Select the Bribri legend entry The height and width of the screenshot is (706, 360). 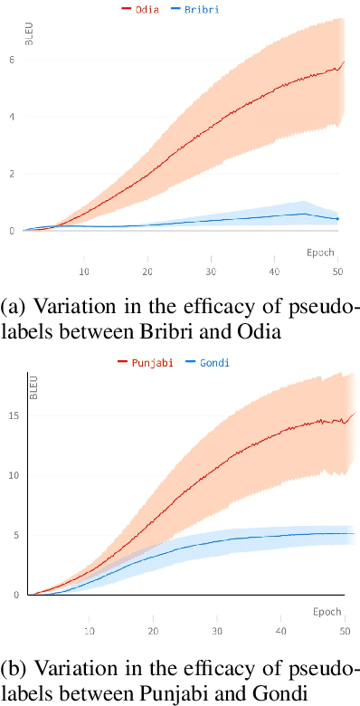(x=203, y=9)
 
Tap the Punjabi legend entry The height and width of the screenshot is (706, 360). (x=145, y=362)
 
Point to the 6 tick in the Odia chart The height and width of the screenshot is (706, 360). (x=11, y=60)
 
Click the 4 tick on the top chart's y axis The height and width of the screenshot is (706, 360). (x=11, y=117)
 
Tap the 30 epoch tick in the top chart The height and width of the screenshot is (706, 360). (x=211, y=270)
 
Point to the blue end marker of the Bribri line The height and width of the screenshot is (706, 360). (x=338, y=219)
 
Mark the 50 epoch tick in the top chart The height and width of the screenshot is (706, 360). (x=337, y=270)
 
